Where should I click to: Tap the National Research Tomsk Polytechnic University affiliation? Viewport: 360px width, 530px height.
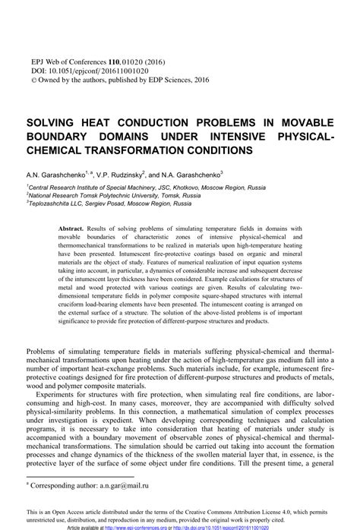coord(114,196)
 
